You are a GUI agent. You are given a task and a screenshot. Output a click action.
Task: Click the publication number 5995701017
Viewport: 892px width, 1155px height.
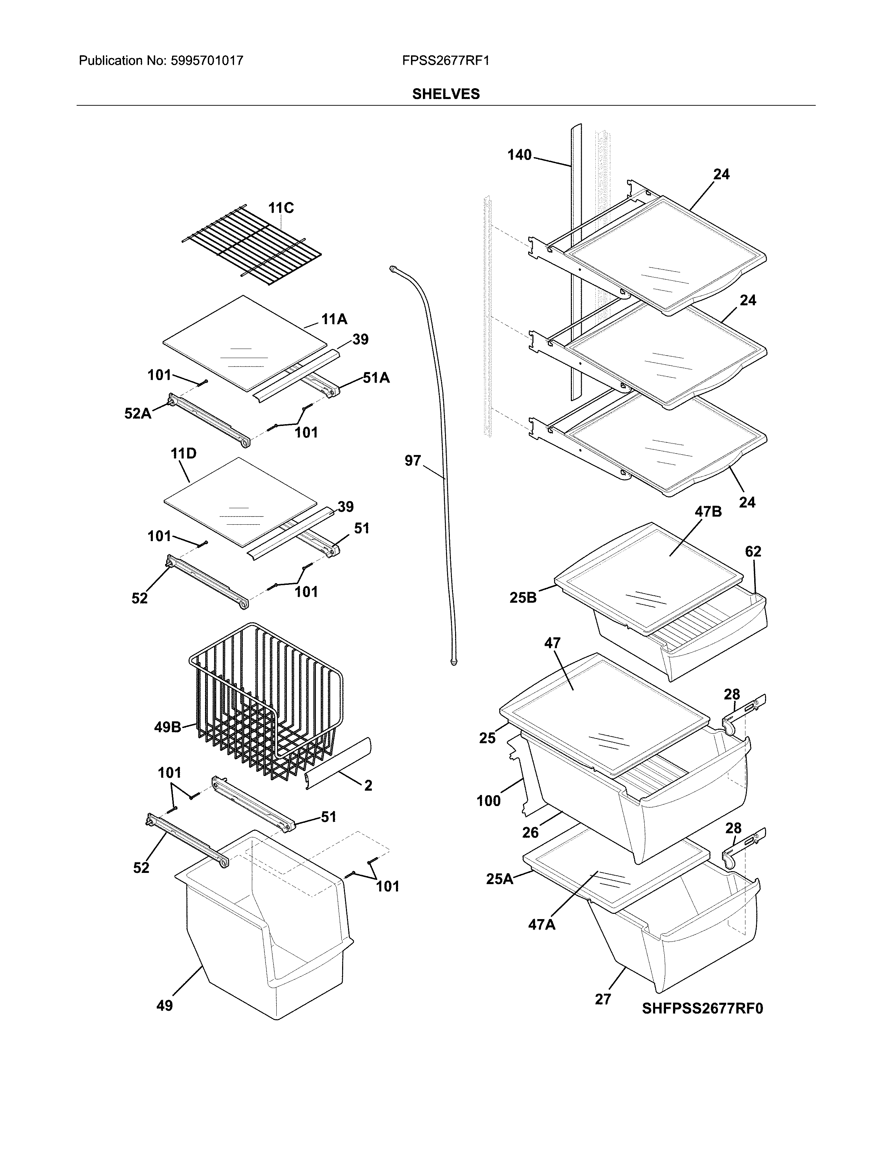coord(207,61)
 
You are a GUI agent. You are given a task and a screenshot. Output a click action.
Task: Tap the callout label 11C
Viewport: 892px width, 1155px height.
coord(281,208)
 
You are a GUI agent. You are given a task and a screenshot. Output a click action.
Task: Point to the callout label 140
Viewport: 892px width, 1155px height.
coord(519,155)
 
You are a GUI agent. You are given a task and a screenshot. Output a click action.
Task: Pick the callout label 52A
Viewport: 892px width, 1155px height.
coord(137,414)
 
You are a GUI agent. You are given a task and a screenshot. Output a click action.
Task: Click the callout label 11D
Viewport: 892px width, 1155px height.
coord(183,453)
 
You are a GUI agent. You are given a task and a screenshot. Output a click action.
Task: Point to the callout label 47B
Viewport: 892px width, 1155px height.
coord(708,512)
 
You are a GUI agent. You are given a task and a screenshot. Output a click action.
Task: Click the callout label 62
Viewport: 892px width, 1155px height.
coord(753,552)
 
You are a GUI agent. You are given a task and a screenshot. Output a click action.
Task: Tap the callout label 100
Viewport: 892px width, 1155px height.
coord(488,801)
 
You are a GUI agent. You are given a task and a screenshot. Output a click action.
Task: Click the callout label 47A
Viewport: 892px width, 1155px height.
coord(541,925)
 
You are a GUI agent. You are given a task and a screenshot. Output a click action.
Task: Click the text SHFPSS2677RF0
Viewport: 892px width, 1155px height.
coord(702,1008)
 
